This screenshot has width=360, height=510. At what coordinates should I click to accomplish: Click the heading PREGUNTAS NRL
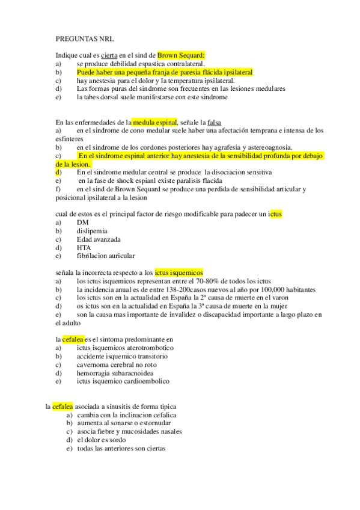pos(80,38)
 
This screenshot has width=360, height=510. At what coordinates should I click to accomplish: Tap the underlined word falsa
pos(215,122)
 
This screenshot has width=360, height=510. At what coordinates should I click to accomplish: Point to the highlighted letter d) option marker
pos(58,172)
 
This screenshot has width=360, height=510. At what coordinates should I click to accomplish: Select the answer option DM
pos(82,222)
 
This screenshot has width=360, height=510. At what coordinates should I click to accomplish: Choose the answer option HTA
pos(84,247)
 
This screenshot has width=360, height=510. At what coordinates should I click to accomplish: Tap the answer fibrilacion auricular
pos(106,256)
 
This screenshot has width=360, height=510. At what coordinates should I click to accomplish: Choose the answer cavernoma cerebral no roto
pos(117,364)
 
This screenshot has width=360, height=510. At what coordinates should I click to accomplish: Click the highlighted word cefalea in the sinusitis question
pos(62,406)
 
